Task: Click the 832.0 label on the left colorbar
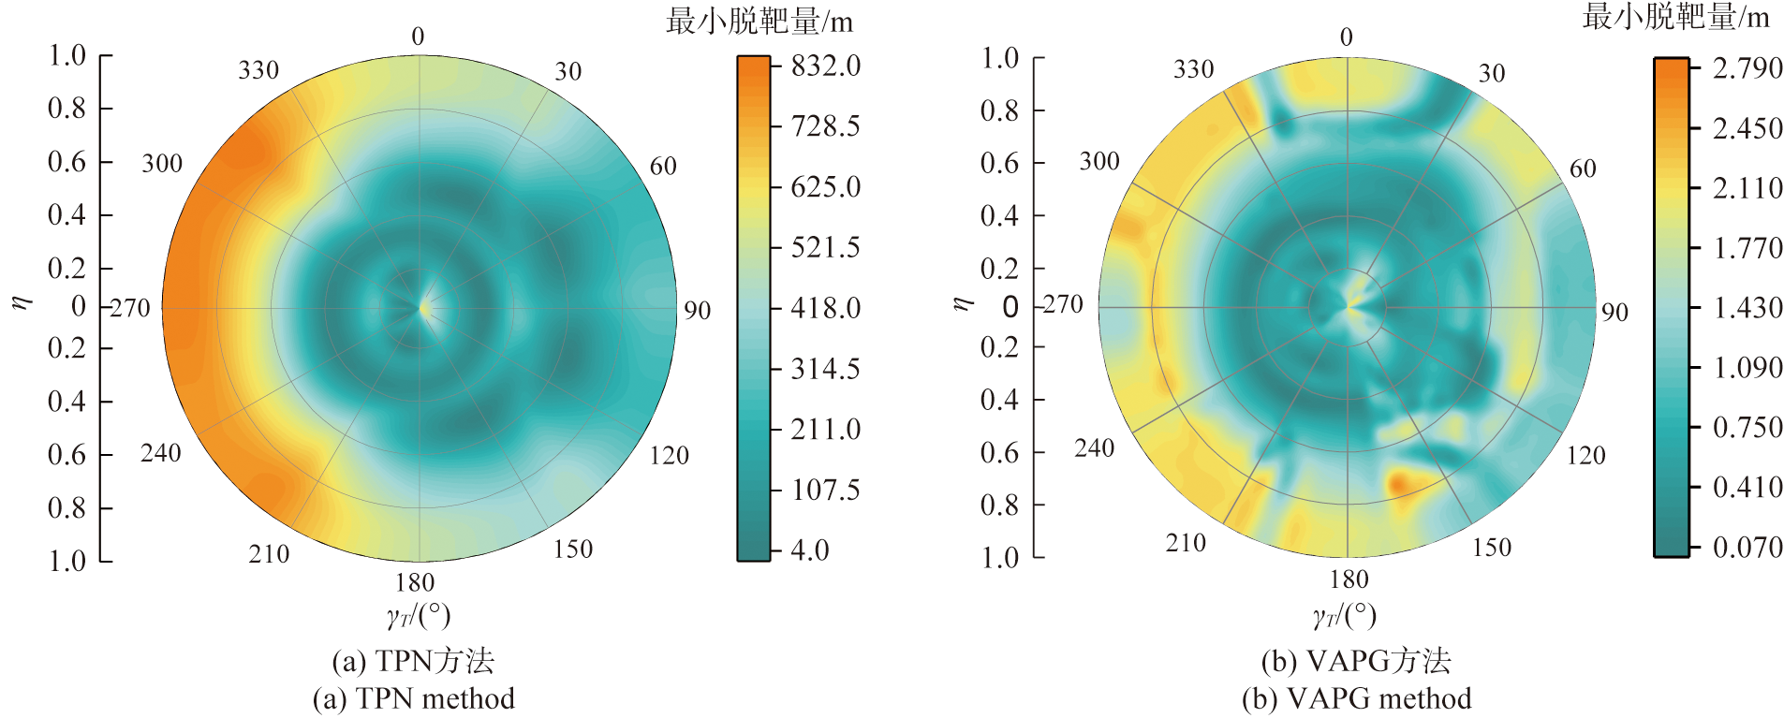pyautogui.click(x=825, y=66)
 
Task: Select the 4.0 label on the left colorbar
pyautogui.click(x=810, y=549)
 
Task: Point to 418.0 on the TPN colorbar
pyautogui.click(x=825, y=308)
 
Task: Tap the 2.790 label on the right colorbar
pyautogui.click(x=1747, y=68)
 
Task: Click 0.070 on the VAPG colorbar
pyautogui.click(x=1747, y=547)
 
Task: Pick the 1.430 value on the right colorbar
pyautogui.click(x=1747, y=308)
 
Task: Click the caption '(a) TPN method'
pyautogui.click(x=413, y=698)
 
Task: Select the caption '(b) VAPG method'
pyautogui.click(x=1356, y=698)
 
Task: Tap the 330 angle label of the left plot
pyautogui.click(x=258, y=71)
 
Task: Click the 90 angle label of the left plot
pyautogui.click(x=697, y=311)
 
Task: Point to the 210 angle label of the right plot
pyautogui.click(x=1186, y=543)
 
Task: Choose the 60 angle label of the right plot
pyautogui.click(x=1583, y=169)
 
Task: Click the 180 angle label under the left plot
pyautogui.click(x=415, y=582)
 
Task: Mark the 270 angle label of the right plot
pyautogui.click(x=1062, y=305)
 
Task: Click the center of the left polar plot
pyautogui.click(x=420, y=307)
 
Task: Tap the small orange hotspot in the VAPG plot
pyautogui.click(x=1397, y=483)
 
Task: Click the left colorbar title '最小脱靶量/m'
pyautogui.click(x=759, y=22)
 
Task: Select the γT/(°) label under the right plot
pyautogui.click(x=1345, y=615)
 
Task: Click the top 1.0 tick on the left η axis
pyautogui.click(x=67, y=56)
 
